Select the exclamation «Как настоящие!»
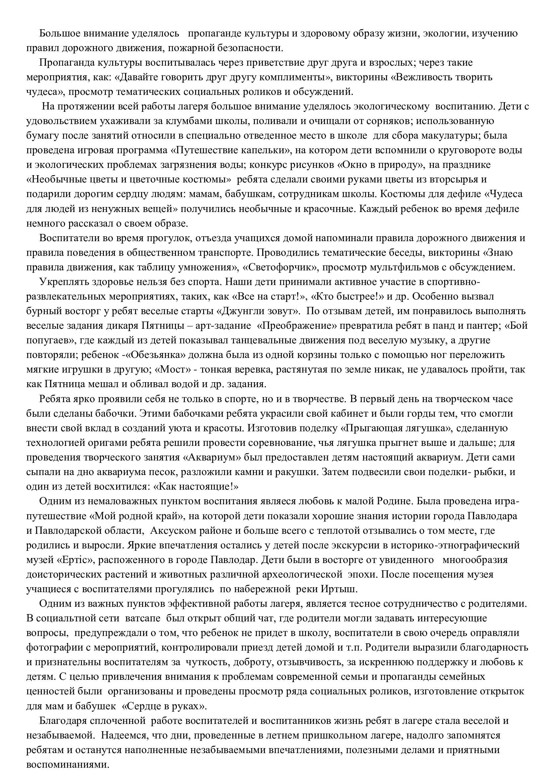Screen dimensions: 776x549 pyautogui.click(x=196, y=487)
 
